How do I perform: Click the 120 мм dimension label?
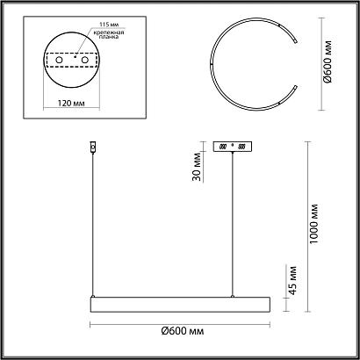71,104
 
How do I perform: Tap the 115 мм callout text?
109,25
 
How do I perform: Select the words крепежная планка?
109,34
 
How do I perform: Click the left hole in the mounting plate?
59,60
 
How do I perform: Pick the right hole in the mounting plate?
85,60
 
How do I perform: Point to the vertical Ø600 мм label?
328,61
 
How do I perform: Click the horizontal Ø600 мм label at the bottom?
183,331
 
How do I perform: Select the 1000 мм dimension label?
314,224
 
